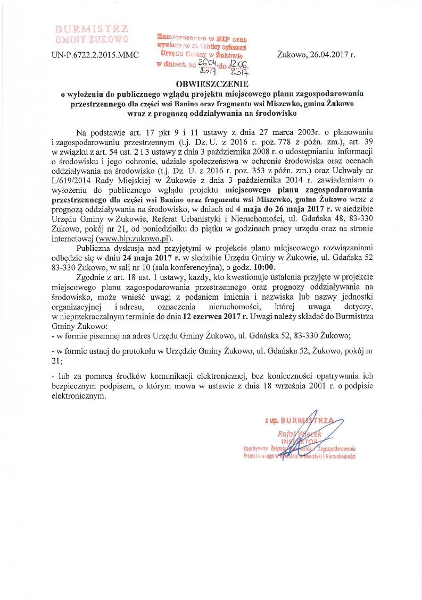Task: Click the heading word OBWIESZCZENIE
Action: click(x=211, y=84)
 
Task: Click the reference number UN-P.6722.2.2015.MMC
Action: click(x=94, y=54)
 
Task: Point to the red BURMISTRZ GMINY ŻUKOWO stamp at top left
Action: click(x=92, y=33)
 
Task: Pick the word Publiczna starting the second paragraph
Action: click(x=96, y=248)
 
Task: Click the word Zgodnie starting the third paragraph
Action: click(x=93, y=277)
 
